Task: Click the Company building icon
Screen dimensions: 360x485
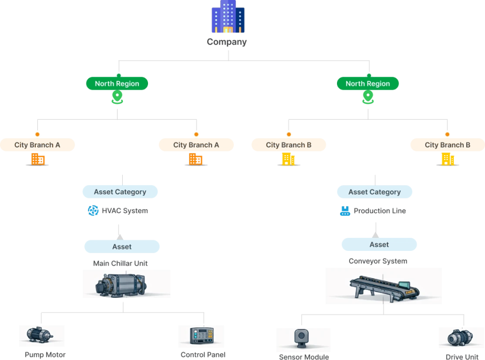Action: click(228, 17)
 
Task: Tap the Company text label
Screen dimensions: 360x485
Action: click(227, 42)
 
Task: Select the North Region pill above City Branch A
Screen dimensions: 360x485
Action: click(117, 83)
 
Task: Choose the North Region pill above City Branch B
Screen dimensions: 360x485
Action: click(368, 83)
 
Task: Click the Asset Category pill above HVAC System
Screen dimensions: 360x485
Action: click(120, 192)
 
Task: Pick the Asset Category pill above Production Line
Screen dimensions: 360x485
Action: click(374, 192)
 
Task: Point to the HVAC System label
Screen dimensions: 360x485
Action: click(125, 211)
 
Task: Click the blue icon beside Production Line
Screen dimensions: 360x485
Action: click(345, 211)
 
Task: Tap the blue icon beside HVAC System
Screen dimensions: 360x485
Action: click(93, 211)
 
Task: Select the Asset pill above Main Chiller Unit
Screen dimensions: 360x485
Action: click(122, 246)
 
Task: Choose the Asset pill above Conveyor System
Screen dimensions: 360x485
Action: click(379, 244)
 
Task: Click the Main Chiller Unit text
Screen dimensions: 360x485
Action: click(120, 263)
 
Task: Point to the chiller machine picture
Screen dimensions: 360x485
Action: click(126, 284)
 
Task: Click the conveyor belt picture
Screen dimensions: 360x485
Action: click(383, 286)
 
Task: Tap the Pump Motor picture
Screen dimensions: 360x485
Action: click(41, 336)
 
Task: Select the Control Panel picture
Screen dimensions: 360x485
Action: click(201, 336)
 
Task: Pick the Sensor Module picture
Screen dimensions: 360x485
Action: click(303, 340)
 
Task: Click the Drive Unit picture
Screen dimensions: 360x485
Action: click(461, 338)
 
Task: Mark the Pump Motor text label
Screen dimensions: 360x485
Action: click(45, 355)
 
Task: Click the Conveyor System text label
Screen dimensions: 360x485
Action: click(377, 261)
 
